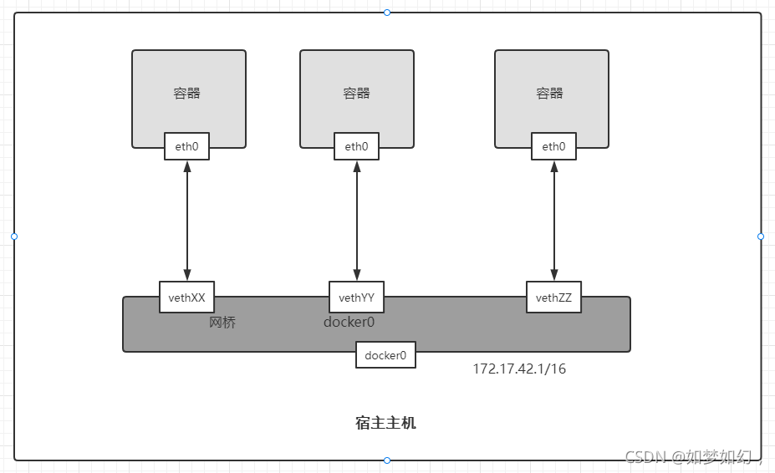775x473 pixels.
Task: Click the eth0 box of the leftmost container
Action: [186, 147]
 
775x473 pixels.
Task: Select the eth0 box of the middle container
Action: [356, 147]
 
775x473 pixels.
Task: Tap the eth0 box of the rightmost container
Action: [553, 147]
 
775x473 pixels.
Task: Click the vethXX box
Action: [187, 298]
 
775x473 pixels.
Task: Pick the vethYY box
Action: [357, 298]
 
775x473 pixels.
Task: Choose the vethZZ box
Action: [554, 298]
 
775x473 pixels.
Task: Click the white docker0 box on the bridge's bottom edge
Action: [385, 355]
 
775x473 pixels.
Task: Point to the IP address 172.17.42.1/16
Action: [519, 369]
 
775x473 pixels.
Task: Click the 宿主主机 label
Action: [385, 423]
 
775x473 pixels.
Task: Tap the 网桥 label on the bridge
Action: [222, 323]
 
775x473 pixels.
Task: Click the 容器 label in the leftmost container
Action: [187, 93]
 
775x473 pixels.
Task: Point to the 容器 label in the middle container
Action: [357, 93]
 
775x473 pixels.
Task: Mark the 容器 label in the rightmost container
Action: [550, 93]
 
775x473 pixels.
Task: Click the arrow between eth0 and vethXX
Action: [187, 221]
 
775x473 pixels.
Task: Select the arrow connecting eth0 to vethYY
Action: [357, 221]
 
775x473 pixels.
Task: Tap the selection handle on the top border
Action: [387, 13]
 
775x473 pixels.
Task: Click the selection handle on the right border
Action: [761, 237]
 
